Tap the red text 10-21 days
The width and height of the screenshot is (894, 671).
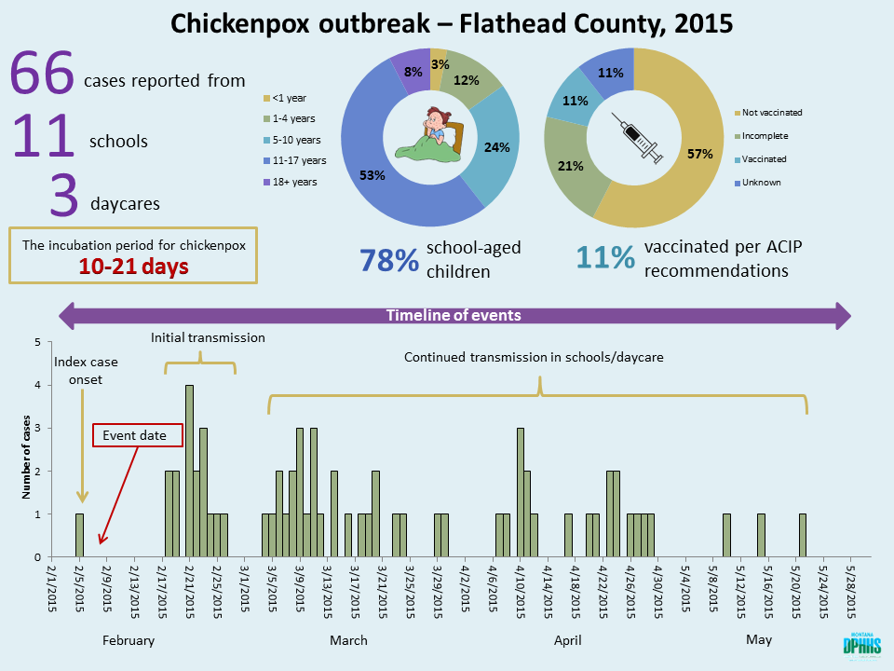coord(134,266)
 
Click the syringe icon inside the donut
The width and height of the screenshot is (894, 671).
coord(634,138)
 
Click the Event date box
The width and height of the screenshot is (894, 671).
coord(138,435)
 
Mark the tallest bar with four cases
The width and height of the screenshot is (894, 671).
coord(189,471)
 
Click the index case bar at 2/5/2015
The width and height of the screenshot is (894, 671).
coord(79,535)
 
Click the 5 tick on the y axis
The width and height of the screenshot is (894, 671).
coord(36,342)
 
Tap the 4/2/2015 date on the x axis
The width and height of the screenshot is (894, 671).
coord(465,585)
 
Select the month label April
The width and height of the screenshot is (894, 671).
coord(567,640)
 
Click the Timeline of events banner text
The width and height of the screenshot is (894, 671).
coord(454,315)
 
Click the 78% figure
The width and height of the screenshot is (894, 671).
coord(388,260)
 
